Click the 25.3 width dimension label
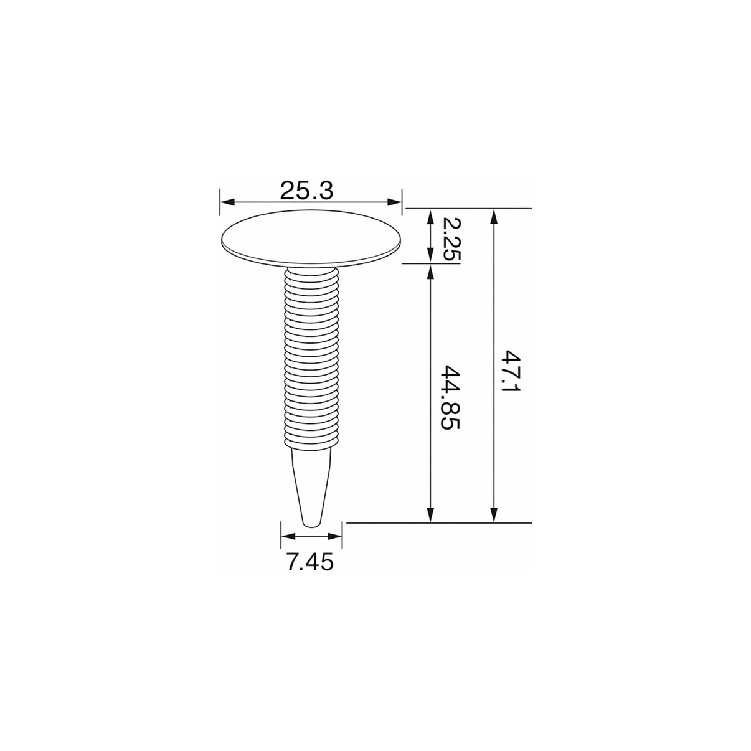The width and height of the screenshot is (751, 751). (307, 191)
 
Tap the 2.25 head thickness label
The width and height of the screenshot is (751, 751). (451, 240)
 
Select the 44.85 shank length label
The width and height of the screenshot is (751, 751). (450, 397)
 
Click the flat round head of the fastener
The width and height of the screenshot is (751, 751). (311, 237)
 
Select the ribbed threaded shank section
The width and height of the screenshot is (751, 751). (311, 357)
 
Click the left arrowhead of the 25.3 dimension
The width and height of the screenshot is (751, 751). (227, 202)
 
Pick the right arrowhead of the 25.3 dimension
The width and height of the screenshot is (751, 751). (394, 202)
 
